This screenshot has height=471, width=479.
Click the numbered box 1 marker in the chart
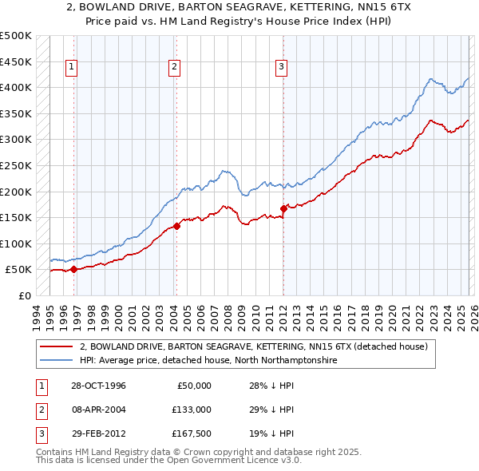click(x=72, y=68)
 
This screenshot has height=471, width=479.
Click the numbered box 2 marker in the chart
click(x=174, y=68)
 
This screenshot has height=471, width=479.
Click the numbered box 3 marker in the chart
click(x=282, y=68)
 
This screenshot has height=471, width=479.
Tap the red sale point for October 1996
click(x=73, y=269)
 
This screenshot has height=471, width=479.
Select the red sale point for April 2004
click(x=176, y=226)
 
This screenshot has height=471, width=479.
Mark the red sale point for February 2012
click(x=283, y=208)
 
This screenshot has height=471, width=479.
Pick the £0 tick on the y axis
click(x=25, y=295)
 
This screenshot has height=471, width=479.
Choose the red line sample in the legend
click(x=57, y=346)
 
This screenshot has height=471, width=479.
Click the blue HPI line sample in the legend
click(x=57, y=360)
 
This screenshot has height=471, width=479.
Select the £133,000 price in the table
click(x=191, y=409)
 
